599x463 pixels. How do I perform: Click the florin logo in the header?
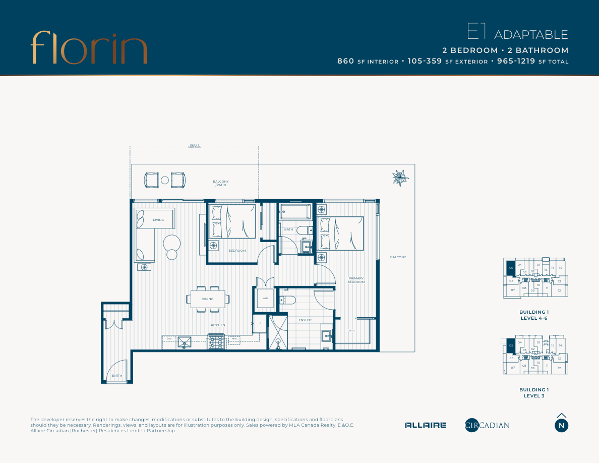pos(88,47)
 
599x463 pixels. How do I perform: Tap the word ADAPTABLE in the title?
pos(531,35)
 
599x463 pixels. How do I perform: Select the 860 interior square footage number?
pos(345,62)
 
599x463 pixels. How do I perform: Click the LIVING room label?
pos(158,220)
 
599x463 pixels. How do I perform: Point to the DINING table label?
pos(207,299)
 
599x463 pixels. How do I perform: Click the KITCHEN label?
pos(218,325)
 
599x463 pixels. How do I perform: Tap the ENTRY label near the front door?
pos(117,376)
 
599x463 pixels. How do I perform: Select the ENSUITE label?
pos(305,320)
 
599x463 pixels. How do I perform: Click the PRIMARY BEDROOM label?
pos(355,280)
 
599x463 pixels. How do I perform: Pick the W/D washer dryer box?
pos(265,298)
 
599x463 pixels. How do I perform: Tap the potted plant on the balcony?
pos(401,178)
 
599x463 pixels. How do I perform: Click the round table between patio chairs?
pos(165,180)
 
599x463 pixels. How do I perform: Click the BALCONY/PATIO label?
pos(220,183)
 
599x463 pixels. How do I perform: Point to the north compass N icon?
pos(561,425)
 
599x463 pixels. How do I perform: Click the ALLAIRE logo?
pos(426,425)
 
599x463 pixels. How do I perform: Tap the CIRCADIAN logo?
pos(487,425)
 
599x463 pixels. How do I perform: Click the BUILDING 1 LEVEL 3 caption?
pos(534,393)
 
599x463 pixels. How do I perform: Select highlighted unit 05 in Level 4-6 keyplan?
pos(511,268)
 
